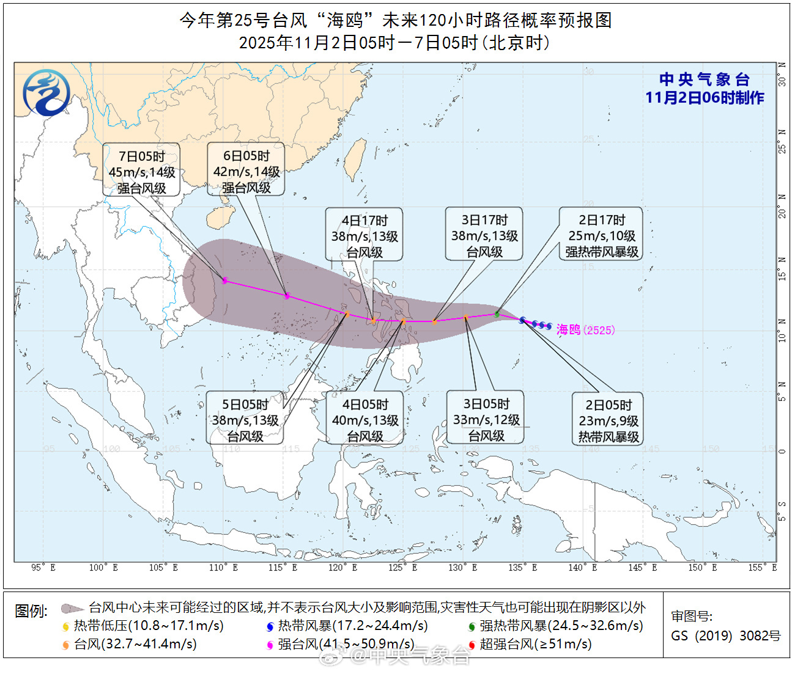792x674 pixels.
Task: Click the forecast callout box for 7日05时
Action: (141, 172)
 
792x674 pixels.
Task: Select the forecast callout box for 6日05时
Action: (246, 172)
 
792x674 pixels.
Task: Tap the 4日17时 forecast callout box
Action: (365, 236)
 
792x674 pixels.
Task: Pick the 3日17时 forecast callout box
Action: (484, 235)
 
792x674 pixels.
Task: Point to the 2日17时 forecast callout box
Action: (601, 235)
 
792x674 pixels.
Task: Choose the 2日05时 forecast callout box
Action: (608, 420)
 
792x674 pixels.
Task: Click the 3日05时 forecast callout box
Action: (486, 419)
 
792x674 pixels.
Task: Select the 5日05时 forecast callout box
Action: (245, 420)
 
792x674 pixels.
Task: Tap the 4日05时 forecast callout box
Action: (365, 420)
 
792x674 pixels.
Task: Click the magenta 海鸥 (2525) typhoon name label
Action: (585, 330)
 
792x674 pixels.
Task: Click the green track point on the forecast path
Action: (497, 314)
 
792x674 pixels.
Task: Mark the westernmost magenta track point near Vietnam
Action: (225, 280)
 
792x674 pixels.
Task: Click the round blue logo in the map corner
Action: (46, 93)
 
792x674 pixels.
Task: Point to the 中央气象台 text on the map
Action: (705, 79)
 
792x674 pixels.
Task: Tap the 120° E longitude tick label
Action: (342, 568)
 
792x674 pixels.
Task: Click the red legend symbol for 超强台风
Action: (472, 645)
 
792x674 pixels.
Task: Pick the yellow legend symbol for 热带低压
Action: (66, 626)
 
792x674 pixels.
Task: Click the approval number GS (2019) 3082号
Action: (725, 636)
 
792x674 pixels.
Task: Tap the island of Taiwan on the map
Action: (354, 159)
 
